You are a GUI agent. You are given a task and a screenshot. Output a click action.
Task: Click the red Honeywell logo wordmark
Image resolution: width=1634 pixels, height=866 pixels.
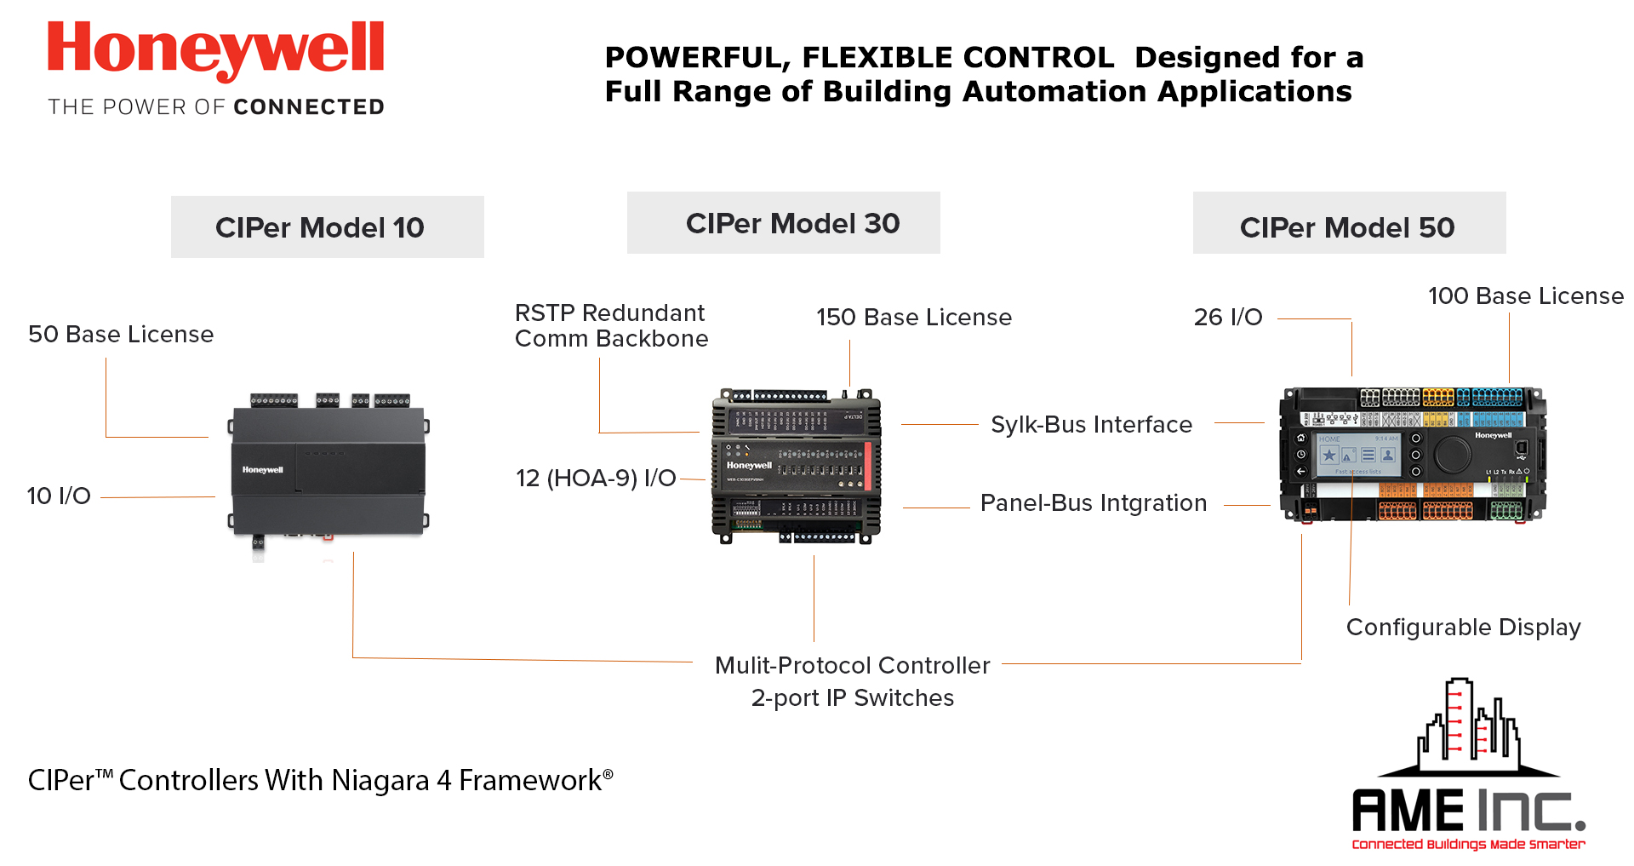coord(215,49)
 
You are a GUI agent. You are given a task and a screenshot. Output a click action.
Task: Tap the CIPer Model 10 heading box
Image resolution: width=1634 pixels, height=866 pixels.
coord(327,227)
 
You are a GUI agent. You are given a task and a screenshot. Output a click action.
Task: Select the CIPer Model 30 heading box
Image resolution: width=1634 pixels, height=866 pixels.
coord(783,223)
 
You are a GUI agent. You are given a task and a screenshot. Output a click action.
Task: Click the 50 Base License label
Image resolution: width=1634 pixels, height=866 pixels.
coord(121,335)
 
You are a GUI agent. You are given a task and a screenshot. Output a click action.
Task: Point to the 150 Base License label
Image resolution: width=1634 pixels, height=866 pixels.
coord(914,318)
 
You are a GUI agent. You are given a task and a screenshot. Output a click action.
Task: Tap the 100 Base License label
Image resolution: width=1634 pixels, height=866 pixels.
coord(1525,296)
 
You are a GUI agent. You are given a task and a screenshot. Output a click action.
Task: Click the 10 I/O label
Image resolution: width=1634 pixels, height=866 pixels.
coord(59,496)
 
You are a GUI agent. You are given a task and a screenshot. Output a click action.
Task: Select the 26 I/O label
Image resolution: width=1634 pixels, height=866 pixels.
coord(1228,318)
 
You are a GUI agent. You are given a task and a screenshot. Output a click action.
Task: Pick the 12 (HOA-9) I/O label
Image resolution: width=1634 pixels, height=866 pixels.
coord(596,479)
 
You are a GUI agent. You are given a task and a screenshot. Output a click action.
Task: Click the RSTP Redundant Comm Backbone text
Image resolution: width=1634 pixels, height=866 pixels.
coord(611,326)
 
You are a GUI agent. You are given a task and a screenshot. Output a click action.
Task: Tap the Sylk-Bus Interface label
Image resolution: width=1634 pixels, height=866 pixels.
coord(1091,425)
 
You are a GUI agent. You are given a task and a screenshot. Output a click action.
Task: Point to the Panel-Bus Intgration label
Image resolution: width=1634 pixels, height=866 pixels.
coord(1093,503)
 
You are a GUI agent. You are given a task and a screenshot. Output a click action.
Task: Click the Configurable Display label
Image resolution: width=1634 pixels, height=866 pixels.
coord(1463,628)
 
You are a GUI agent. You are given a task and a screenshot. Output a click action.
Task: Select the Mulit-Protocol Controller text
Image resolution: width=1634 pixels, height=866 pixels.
coord(852,666)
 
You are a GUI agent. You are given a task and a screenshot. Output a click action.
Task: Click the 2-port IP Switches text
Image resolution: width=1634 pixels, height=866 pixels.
coord(852,698)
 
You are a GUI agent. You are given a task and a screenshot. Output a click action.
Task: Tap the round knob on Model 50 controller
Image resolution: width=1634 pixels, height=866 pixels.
coord(1453,455)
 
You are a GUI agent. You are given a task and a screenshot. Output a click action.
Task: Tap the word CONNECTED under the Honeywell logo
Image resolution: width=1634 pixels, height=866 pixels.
coord(309,107)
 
